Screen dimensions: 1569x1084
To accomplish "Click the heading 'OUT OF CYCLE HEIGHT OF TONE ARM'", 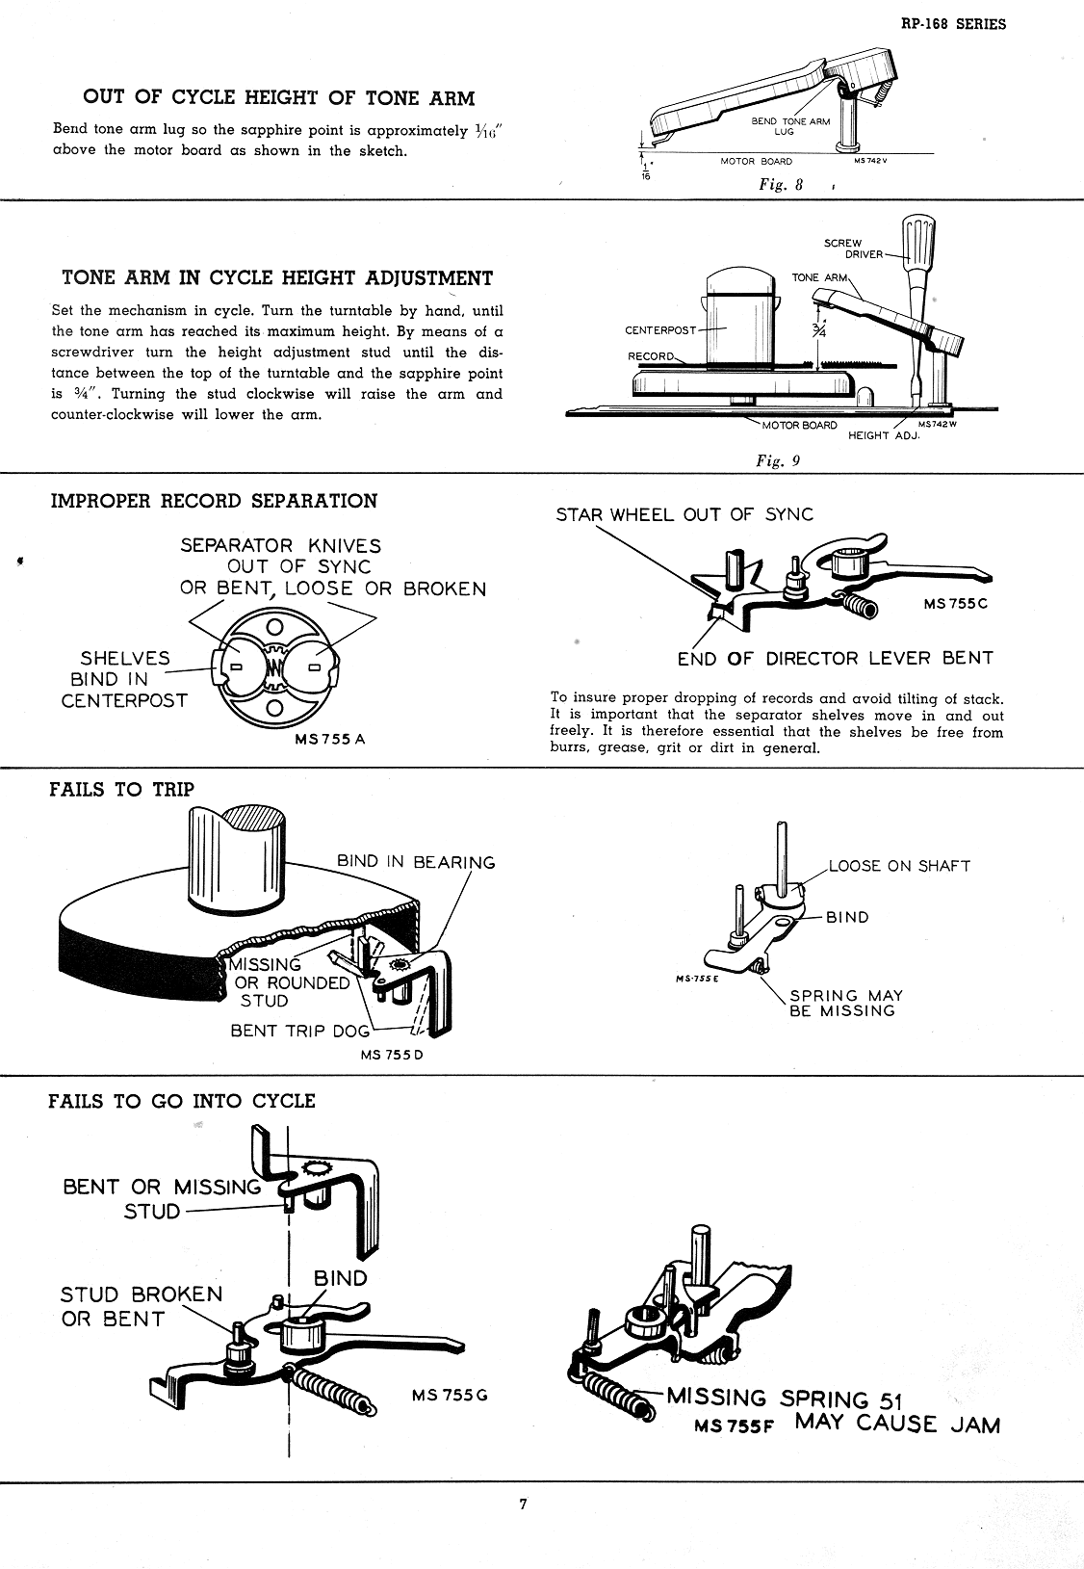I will coord(279,97).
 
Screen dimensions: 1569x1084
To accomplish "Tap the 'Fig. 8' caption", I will coord(780,186).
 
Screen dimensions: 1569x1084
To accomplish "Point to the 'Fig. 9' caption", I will coord(778,460).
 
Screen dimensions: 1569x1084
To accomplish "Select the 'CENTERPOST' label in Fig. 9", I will coord(660,330).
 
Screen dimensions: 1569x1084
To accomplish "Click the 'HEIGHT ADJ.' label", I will coord(884,435).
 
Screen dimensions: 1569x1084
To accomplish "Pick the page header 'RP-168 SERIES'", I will coord(953,25).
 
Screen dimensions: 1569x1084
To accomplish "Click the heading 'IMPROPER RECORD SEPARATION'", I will coord(214,501).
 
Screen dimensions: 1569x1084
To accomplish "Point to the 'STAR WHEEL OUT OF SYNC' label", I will coord(684,514).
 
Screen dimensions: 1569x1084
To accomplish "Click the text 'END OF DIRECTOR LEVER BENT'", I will coord(835,659).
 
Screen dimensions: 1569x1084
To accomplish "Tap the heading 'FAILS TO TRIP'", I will coord(121,790).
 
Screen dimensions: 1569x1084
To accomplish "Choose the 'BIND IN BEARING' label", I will coord(416,862).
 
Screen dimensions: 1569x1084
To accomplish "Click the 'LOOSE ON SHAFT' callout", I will coord(899,866).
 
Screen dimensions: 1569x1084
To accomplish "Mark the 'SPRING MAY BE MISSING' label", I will coord(841,1003).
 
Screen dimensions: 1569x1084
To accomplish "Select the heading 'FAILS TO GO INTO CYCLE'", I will coord(182,1101).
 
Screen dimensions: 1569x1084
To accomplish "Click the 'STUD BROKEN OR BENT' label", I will coord(142,1306).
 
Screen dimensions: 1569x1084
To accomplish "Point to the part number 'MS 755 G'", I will coord(450,1395).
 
